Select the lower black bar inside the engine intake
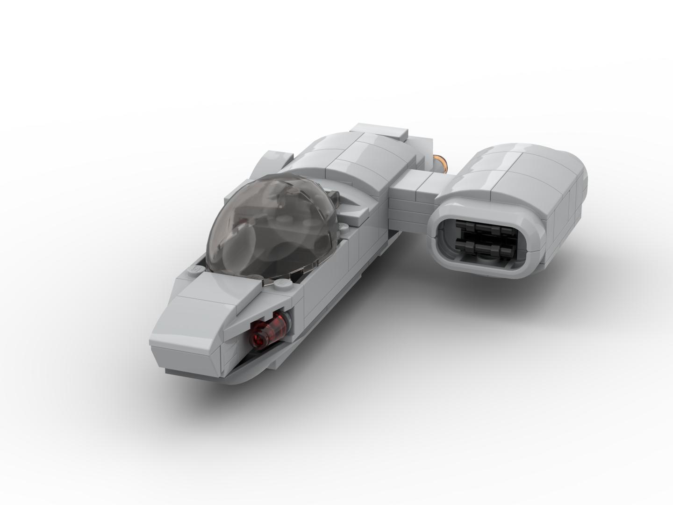point(486,246)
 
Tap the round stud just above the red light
point(282,284)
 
